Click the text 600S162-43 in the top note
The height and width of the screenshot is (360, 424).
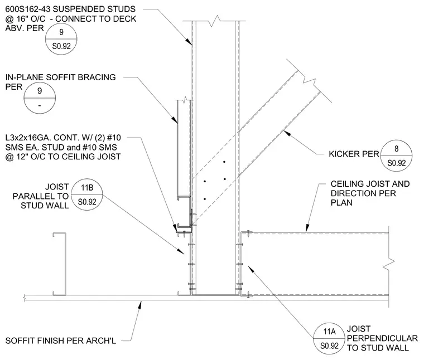tap(28, 9)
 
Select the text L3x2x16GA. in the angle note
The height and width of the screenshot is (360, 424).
tap(28, 138)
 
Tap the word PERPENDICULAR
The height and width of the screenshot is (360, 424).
tap(382, 338)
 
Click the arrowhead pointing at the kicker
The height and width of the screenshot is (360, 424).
tap(287, 133)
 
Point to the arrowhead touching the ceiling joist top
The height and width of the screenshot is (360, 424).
tap(307, 228)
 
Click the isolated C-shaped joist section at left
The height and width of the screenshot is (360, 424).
tap(60, 264)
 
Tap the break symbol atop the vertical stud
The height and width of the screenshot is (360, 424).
tap(215, 21)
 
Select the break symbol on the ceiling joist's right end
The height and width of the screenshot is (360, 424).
tap(389, 262)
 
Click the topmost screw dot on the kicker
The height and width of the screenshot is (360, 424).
tap(224, 162)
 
